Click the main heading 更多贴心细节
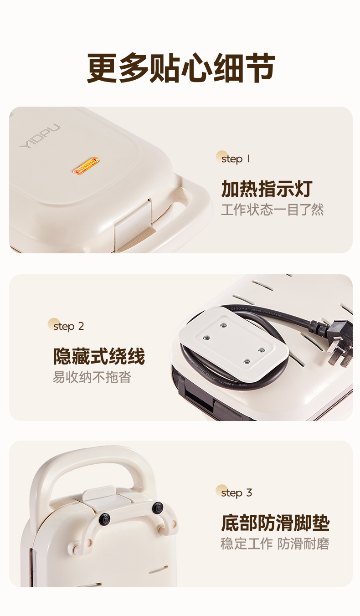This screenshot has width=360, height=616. click(x=181, y=68)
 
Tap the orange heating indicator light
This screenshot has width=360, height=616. click(x=86, y=165)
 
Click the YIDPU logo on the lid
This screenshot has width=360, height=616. click(x=40, y=136)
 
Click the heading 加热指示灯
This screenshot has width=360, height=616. click(x=267, y=189)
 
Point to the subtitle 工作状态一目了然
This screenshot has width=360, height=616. click(x=273, y=210)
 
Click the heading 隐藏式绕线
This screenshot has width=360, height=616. click(x=99, y=356)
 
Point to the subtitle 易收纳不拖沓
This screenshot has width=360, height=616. click(x=92, y=377)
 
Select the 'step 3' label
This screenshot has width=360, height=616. click(x=237, y=493)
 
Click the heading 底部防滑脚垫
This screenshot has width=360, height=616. click(x=275, y=523)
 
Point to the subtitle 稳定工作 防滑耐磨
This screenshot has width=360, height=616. click(x=275, y=544)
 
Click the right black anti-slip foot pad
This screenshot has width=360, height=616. click(x=158, y=507)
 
